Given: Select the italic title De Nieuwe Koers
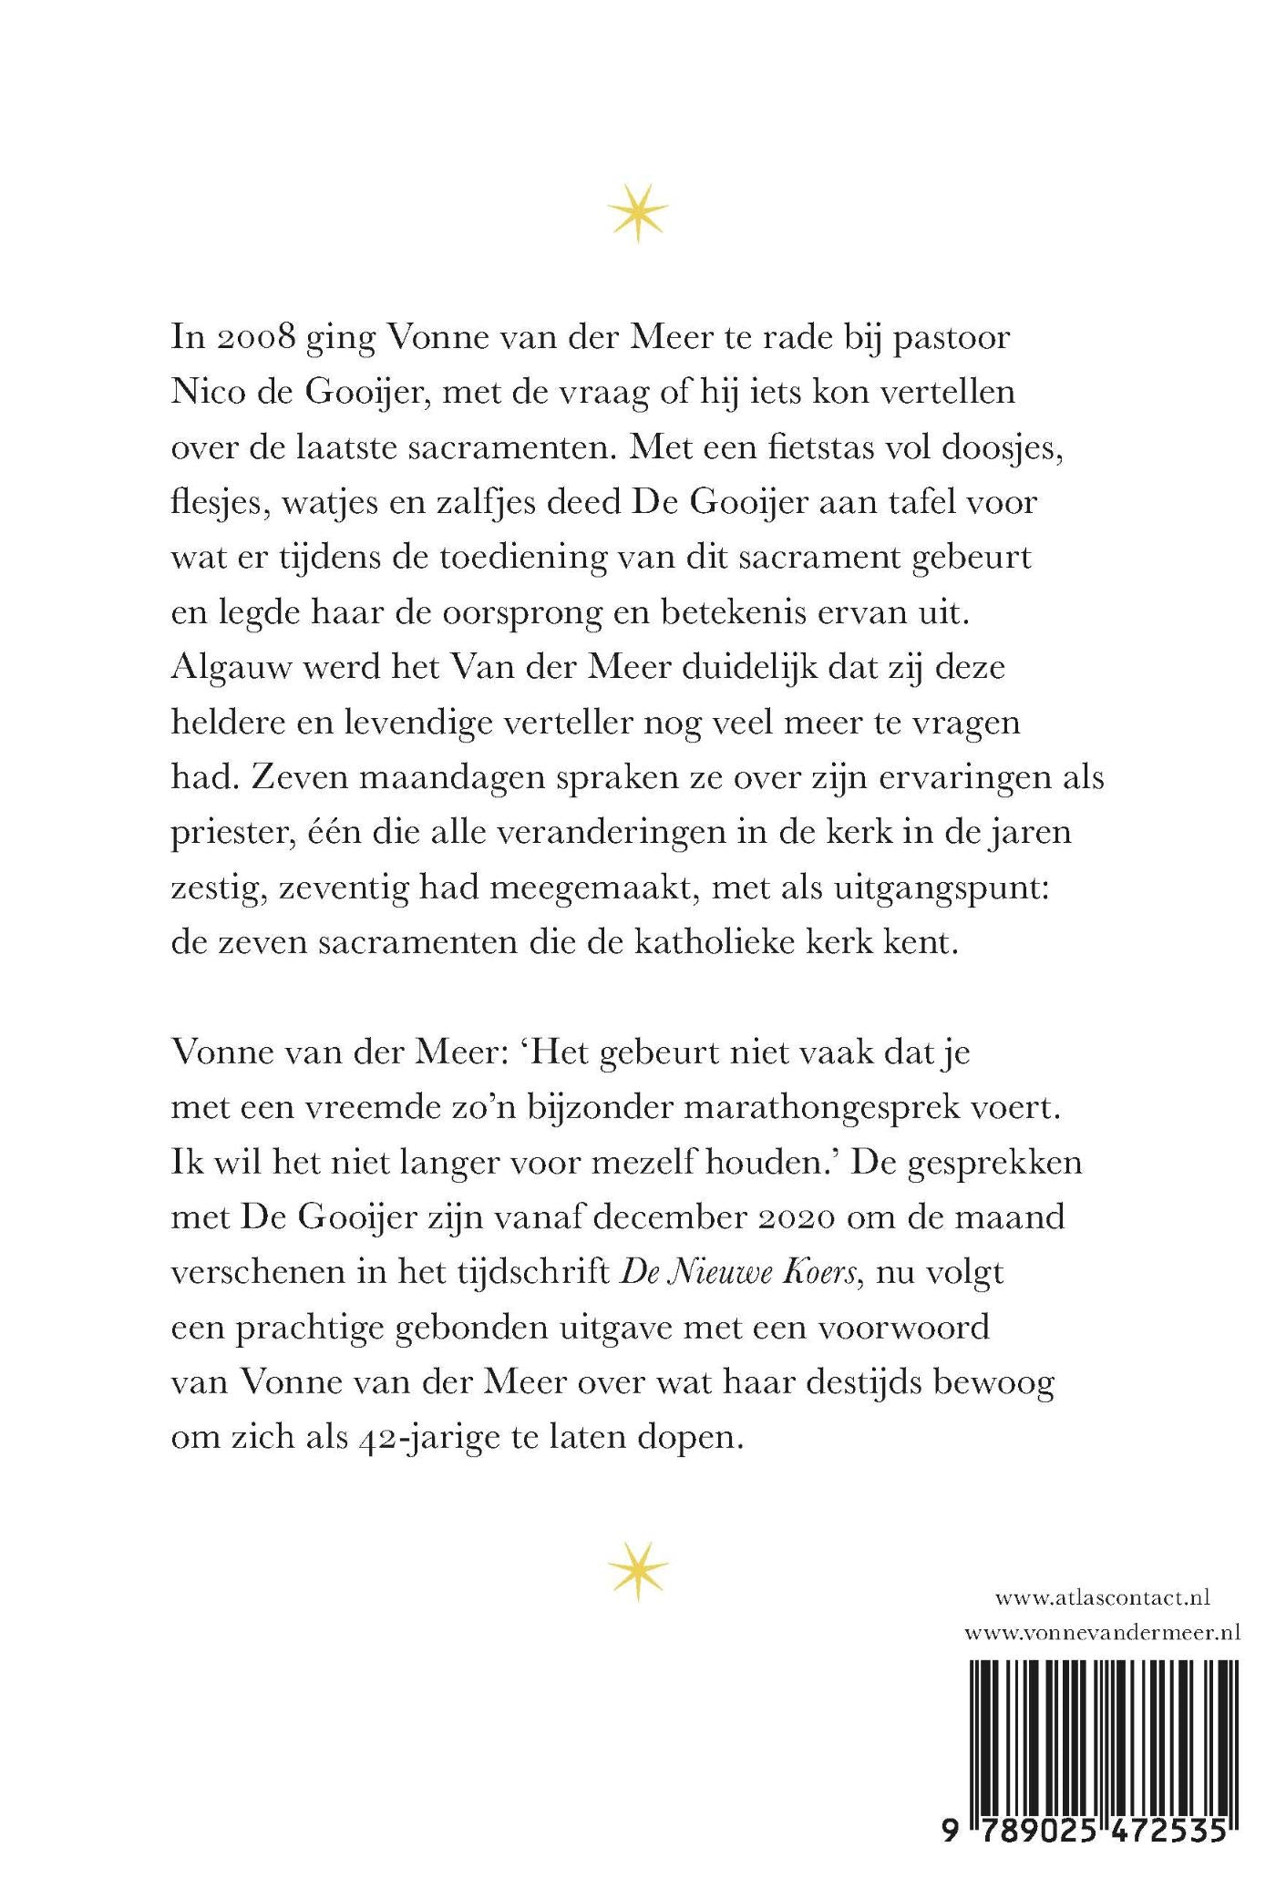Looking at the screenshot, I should (740, 1273).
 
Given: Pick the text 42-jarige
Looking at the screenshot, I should (450, 1438).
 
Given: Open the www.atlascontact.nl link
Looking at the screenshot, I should (1102, 1623).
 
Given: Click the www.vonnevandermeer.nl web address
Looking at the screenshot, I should (1102, 1658).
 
